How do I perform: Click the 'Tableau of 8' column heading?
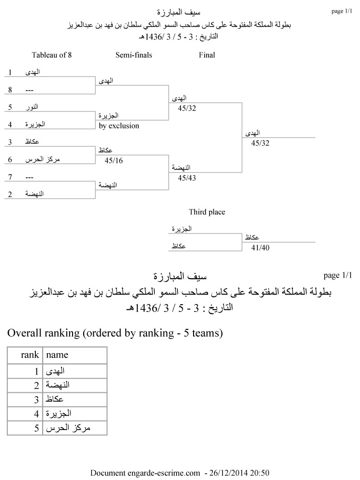tap(52, 55)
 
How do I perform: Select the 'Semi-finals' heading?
tap(134, 55)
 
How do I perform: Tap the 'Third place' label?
tap(207, 212)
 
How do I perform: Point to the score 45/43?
tap(187, 178)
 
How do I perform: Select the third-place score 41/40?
tap(260, 248)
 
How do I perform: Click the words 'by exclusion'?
tap(119, 126)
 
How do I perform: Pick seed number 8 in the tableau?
tap(10, 90)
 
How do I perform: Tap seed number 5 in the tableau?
tap(10, 107)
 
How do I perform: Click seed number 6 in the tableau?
tap(10, 159)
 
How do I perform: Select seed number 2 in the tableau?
tap(10, 194)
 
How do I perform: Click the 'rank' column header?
tap(30, 355)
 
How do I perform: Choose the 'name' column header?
tap(57, 355)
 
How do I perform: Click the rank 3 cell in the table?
tap(36, 400)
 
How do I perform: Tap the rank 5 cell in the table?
tap(36, 428)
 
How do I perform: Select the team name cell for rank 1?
tap(55, 372)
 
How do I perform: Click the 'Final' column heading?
tap(207, 55)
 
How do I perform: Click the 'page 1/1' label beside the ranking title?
tap(338, 275)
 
